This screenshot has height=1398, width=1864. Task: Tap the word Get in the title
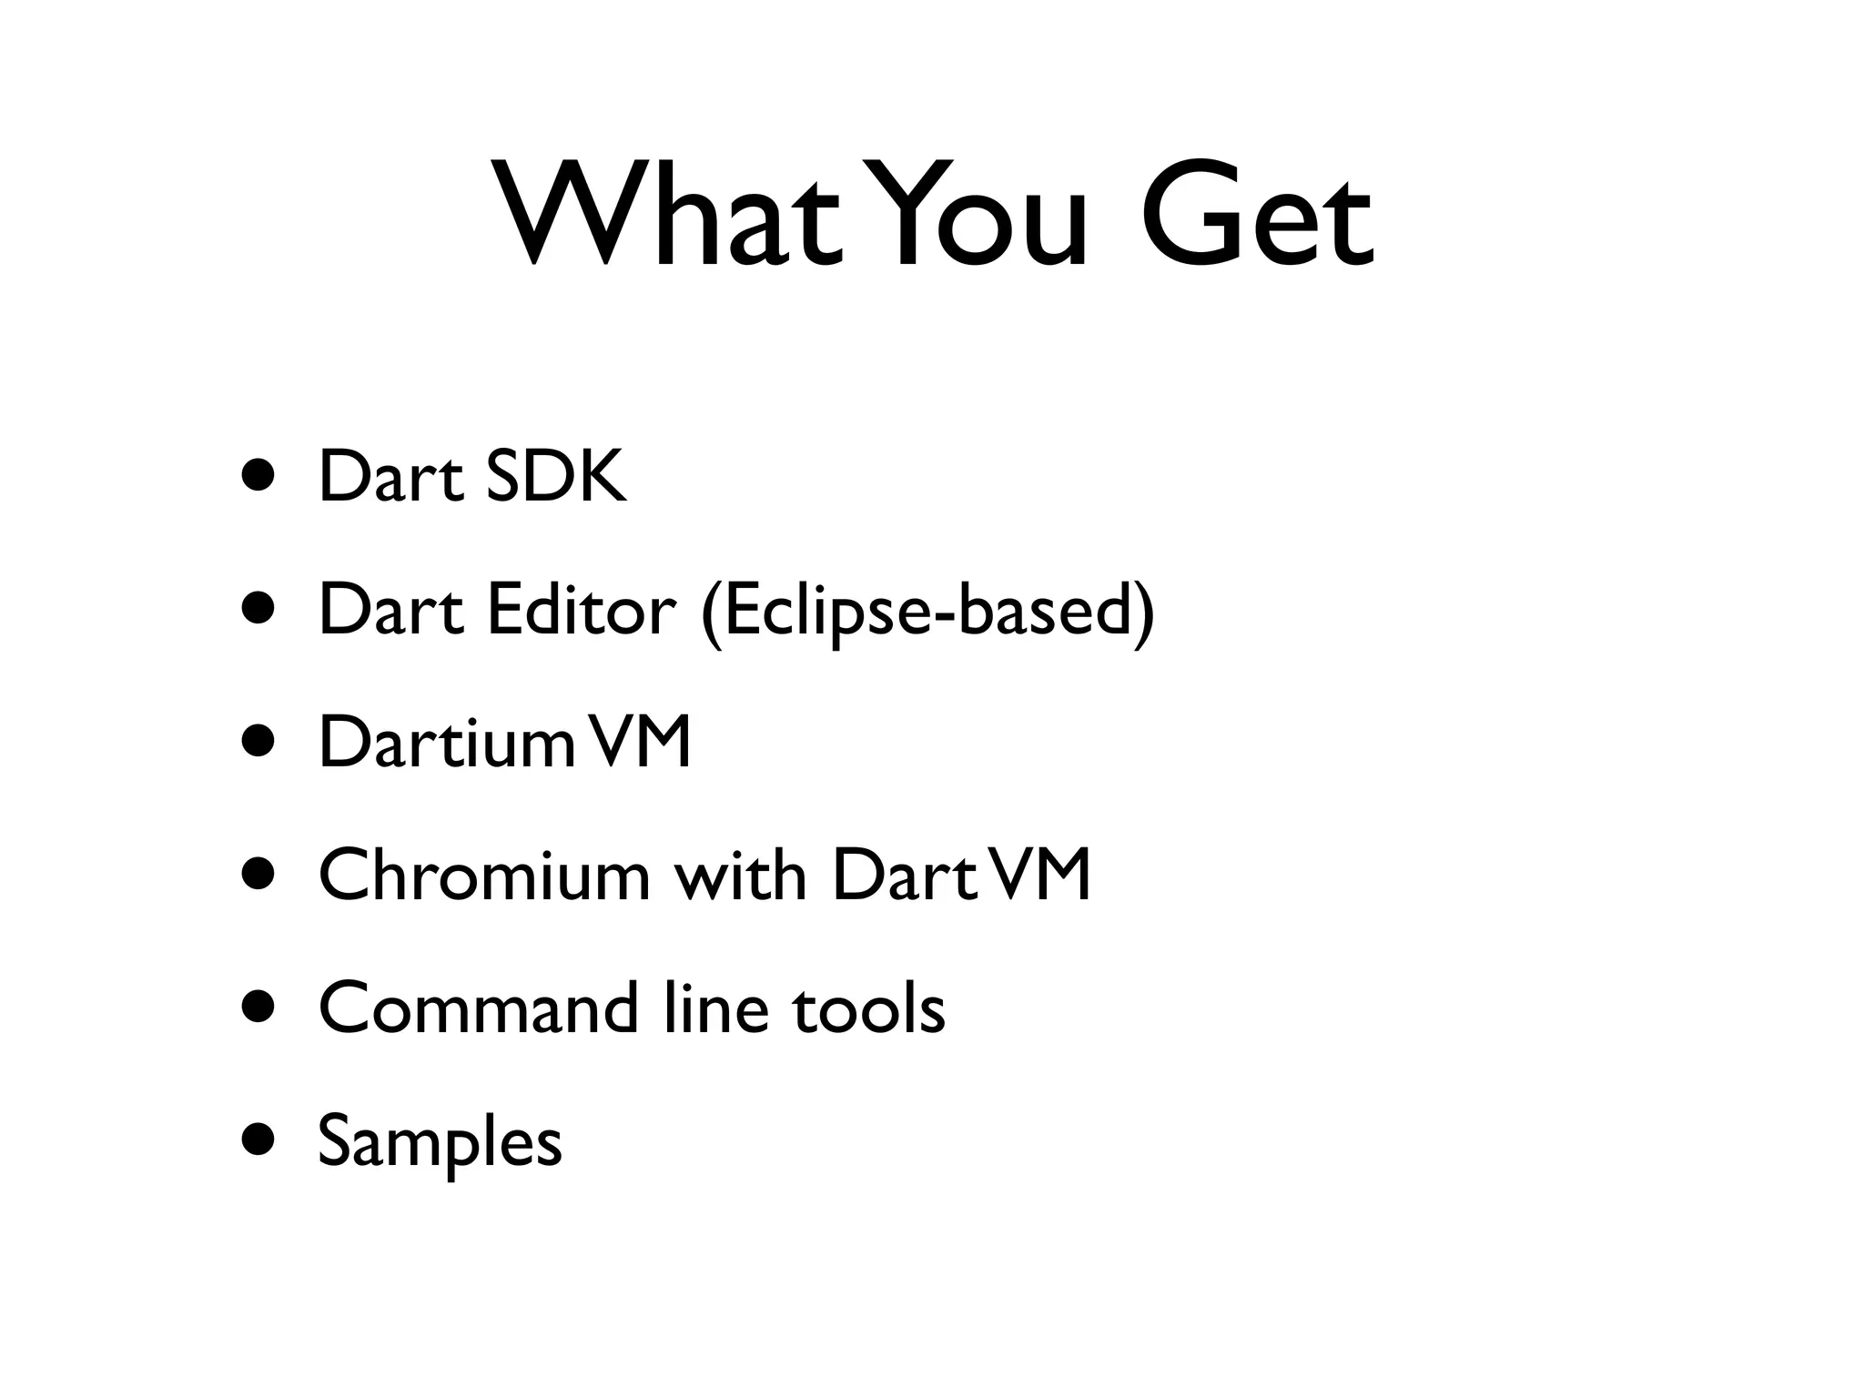1256,218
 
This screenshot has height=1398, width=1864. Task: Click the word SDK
556,476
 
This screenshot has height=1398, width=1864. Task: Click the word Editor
582,609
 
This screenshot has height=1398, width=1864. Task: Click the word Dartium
446,742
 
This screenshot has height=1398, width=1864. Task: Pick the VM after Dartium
639,742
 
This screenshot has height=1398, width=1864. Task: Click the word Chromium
485,875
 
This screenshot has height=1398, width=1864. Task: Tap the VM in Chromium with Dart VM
1039,875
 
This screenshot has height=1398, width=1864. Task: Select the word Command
479,1008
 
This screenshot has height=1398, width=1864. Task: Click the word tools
869,1008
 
